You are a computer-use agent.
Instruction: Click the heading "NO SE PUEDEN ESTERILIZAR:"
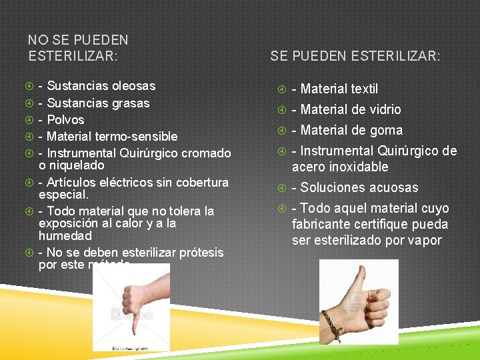tap(78, 49)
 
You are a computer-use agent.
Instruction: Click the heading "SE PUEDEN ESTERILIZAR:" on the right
tap(355, 57)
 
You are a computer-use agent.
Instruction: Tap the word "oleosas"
tap(133, 86)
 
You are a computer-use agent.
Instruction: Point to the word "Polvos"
tap(66, 120)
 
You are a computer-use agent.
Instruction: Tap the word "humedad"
tap(65, 236)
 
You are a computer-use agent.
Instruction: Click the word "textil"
tap(364, 89)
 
